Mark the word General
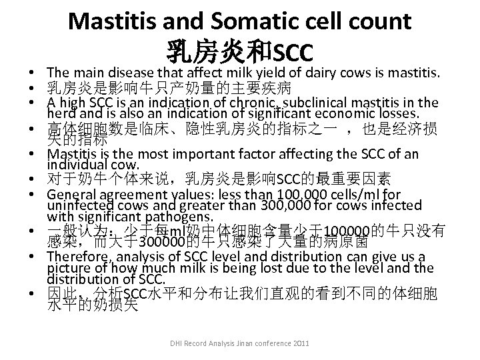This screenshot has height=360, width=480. tap(70, 195)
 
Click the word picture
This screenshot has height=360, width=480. tap(67, 268)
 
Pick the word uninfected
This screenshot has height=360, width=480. tap(79, 205)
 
